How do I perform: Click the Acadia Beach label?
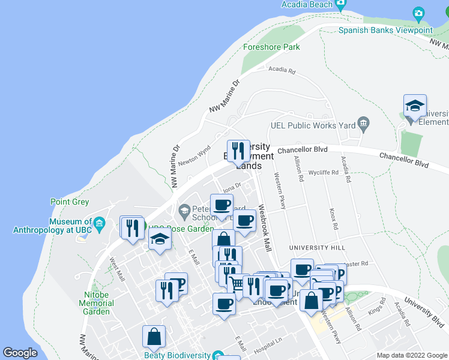point(307,4)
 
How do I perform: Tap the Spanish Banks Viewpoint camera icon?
point(419,13)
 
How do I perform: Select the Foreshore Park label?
point(271,47)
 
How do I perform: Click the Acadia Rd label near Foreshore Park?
point(282,71)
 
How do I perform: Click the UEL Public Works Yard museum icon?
point(363,124)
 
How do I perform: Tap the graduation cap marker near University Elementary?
point(415,107)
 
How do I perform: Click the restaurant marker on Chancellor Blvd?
point(238,151)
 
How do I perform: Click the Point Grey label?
point(70,202)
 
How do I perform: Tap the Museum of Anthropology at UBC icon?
point(100,225)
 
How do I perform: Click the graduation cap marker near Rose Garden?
point(160,240)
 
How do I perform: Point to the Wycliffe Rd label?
point(324,172)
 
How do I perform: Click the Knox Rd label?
point(333,214)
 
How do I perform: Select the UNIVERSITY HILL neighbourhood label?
point(317,248)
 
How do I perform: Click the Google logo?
point(20,353)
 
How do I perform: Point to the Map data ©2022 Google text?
point(411,355)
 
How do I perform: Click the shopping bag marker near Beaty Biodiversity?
point(154,337)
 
